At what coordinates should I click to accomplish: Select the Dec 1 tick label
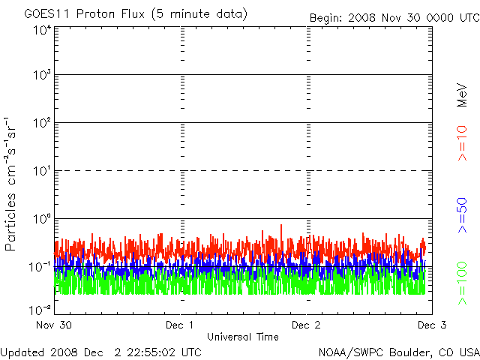(181, 325)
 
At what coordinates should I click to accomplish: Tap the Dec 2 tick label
(306, 325)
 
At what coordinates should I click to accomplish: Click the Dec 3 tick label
(431, 325)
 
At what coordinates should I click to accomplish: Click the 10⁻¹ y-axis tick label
(40, 267)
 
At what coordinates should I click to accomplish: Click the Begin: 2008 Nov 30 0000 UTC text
(393, 17)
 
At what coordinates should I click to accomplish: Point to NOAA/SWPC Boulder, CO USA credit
(398, 351)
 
